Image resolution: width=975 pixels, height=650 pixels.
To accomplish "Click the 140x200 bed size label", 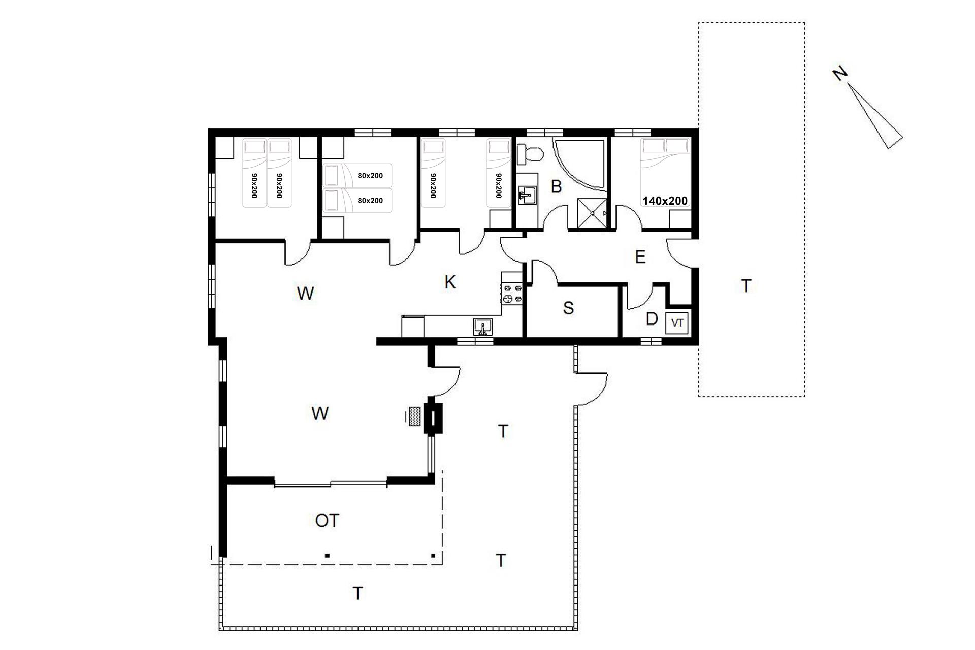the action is coord(665,201).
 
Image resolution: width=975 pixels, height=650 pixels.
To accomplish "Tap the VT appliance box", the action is coord(676,322).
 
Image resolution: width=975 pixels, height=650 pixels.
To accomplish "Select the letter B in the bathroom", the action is coord(557,187).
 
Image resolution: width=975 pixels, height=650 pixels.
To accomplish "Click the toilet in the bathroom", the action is coord(529,153).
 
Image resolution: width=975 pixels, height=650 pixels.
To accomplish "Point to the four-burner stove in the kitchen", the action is coord(512,294).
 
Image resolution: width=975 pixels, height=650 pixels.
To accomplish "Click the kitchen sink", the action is coord(482,327).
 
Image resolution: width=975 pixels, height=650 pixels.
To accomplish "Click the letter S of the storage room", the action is coord(569,308).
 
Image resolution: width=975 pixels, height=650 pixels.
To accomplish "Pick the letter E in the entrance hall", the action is coord(640,257).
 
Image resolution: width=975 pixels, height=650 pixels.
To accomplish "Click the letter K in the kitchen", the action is coord(450,282).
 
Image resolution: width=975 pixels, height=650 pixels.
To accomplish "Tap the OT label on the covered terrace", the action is coord(327,521).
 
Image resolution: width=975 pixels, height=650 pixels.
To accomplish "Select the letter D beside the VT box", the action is coord(652,319).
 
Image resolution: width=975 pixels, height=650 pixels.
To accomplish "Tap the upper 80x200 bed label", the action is coord(370,176).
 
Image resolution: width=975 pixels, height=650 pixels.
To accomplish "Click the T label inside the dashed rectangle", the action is coord(746,286).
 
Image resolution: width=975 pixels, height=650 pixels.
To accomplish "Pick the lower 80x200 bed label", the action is coord(370,201).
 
